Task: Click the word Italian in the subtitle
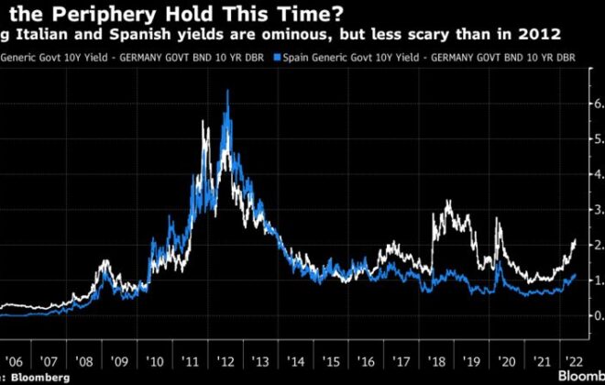pyautogui.click(x=47, y=35)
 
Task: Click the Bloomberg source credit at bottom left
pyautogui.click(x=41, y=378)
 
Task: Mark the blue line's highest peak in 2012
pyautogui.click(x=226, y=91)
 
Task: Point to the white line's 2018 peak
pyautogui.click(x=447, y=200)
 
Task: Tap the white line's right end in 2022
pyautogui.click(x=575, y=239)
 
